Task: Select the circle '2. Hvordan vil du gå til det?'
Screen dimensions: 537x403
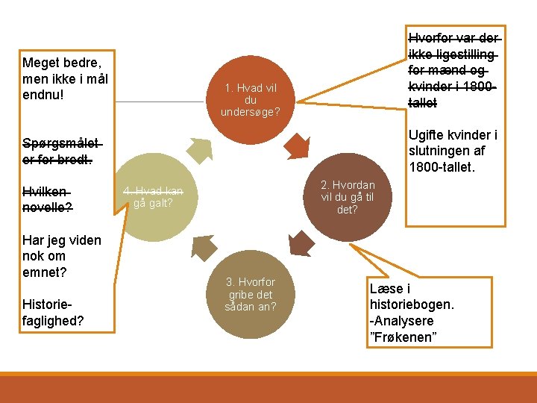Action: [x=348, y=197]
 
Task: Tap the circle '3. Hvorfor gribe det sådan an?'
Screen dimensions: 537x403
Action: [x=251, y=294]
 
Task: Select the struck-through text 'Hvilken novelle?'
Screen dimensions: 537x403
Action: [x=48, y=199]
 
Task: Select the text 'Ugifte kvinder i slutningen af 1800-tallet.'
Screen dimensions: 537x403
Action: [x=453, y=150]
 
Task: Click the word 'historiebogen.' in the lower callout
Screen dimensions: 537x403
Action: [x=412, y=305]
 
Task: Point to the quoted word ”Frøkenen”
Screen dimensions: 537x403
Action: [x=403, y=338]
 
